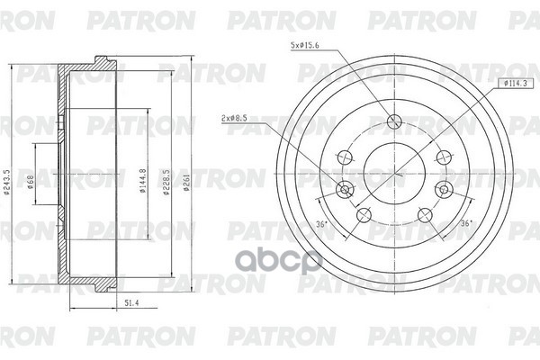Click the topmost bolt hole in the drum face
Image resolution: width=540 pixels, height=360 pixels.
pyautogui.click(x=394, y=123)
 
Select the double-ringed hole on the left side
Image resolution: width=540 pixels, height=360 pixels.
pyautogui.click(x=342, y=190)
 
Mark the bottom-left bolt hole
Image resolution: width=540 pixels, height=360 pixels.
pyautogui.click(x=363, y=216)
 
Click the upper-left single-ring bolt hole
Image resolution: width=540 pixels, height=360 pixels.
pyautogui.click(x=345, y=156)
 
